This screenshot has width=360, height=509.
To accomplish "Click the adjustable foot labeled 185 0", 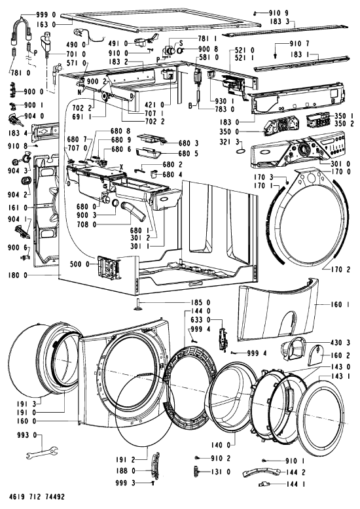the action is pyautogui.click(x=137, y=305).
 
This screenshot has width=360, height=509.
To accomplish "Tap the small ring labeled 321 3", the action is pyautogui.click(x=242, y=151).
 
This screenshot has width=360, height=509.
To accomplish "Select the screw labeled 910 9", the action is pyautogui.click(x=256, y=13).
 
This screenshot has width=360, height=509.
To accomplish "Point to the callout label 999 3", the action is pyautogui.click(x=125, y=483).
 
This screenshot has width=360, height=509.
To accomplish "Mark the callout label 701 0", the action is pyautogui.click(x=76, y=54).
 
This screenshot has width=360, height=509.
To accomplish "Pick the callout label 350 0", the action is pyautogui.click(x=230, y=132).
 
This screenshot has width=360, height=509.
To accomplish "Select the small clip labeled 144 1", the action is pyautogui.click(x=264, y=485).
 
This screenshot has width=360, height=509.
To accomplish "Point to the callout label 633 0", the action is pyautogui.click(x=201, y=320).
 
